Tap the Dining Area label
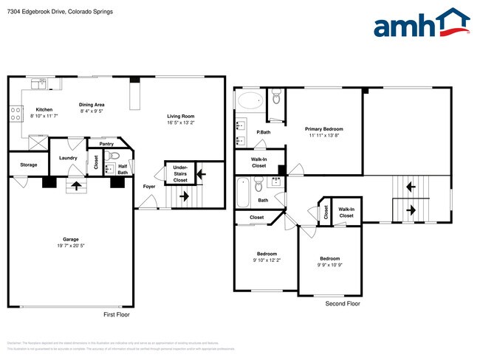[92, 105]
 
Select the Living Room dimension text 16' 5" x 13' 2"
[179, 122]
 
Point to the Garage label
[70, 238]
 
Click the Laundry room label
[69, 158]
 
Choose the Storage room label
[28, 165]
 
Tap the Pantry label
[106, 144]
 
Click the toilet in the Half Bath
[113, 156]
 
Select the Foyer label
[148, 186]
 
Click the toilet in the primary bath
[276, 95]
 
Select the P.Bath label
[262, 132]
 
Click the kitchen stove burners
[15, 114]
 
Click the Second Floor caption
[343, 303]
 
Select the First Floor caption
[117, 314]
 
